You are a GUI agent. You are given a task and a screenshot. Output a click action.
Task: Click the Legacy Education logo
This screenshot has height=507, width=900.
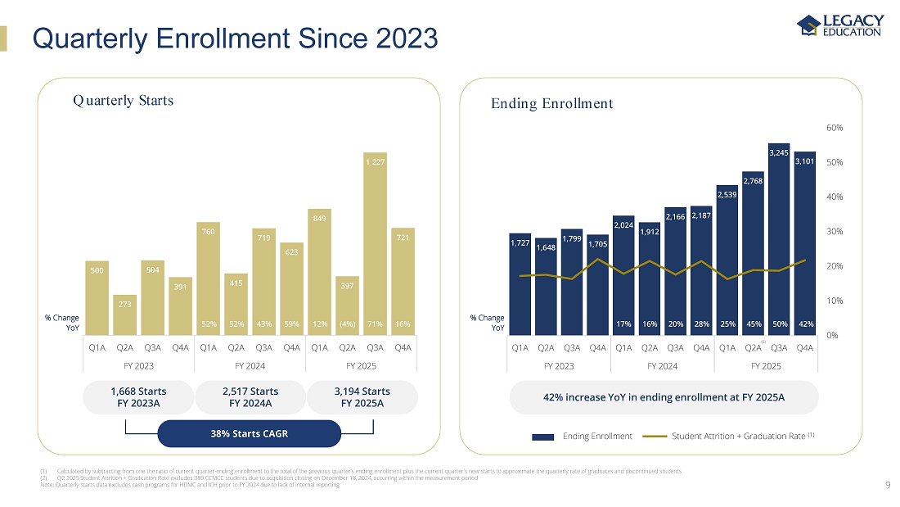pyautogui.click(x=841, y=25)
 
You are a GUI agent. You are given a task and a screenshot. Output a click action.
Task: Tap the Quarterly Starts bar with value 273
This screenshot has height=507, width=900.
pyautogui.click(x=125, y=315)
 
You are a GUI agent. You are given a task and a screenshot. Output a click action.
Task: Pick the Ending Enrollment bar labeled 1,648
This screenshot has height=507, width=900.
pyautogui.click(x=546, y=287)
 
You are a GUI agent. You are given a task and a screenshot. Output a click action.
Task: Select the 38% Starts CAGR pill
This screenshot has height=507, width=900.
pyautogui.click(x=248, y=433)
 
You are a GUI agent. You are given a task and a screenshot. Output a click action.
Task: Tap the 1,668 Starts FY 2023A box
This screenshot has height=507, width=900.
pyautogui.click(x=138, y=396)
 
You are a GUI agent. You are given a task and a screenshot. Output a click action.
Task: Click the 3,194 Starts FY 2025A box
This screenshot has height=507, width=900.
pyautogui.click(x=362, y=396)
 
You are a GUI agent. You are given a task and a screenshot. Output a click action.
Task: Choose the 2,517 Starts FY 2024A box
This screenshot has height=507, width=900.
pyautogui.click(x=250, y=396)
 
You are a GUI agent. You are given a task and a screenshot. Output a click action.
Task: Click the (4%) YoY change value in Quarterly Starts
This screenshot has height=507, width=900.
pyautogui.click(x=347, y=324)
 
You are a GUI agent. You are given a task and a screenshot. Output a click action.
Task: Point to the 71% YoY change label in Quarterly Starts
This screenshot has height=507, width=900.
pyautogui.click(x=375, y=324)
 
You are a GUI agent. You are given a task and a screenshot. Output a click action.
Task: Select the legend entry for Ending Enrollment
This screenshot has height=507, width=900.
pyautogui.click(x=582, y=436)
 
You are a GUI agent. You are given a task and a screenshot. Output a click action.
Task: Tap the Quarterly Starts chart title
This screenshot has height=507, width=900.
pyautogui.click(x=123, y=101)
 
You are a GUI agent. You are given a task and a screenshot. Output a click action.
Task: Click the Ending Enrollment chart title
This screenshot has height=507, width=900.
pyautogui.click(x=551, y=103)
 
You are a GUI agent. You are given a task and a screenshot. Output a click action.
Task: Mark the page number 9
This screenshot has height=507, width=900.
pyautogui.click(x=888, y=485)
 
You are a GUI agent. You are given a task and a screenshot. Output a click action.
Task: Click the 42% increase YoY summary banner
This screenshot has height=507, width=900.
pyautogui.click(x=664, y=397)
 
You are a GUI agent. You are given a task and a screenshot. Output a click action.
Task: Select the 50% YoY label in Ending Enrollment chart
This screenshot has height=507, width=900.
pyautogui.click(x=779, y=324)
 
